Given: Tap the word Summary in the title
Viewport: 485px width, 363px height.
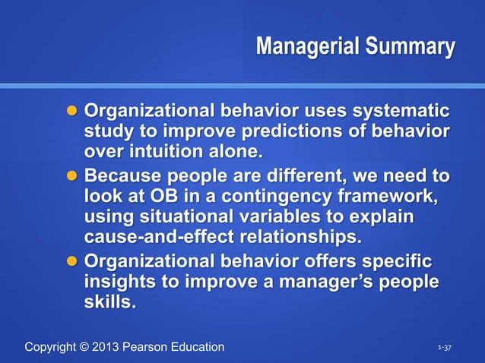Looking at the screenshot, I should (410, 47).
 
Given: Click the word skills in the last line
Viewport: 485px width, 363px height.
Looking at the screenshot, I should (110, 301).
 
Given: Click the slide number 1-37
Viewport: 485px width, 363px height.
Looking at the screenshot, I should (445, 348).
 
